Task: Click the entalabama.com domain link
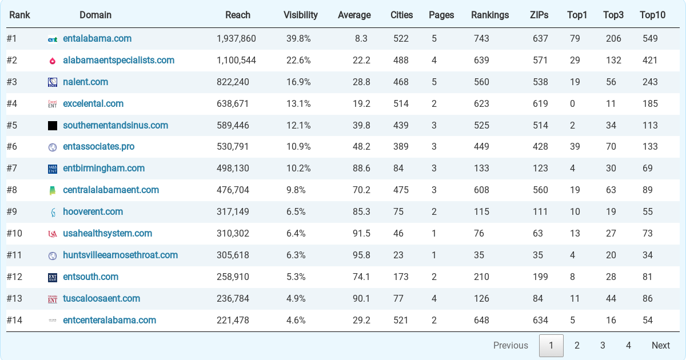[97, 39]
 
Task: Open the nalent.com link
[85, 82]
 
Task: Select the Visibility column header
[301, 15]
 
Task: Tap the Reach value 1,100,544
[236, 61]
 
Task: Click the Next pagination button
[661, 345]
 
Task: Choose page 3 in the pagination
[603, 345]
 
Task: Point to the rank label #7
[13, 169]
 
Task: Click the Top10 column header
[652, 15]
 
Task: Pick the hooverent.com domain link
[93, 212]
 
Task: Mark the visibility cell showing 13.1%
[298, 104]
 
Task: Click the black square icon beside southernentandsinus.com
[53, 126]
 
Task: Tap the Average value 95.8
[361, 255]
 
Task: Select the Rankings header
[490, 15]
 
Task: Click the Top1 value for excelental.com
[572, 104]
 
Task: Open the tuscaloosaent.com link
[101, 299]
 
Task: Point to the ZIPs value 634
[540, 321]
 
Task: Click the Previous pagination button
[510, 345]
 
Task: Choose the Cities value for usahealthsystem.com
[398, 234]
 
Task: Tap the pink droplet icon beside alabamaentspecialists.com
[53, 61]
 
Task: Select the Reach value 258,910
[233, 277]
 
